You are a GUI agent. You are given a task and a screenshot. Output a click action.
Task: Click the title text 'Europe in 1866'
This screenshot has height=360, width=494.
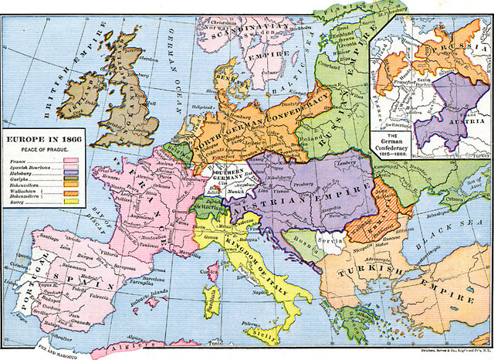click(44, 138)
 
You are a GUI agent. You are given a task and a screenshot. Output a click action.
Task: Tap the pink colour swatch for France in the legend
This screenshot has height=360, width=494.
click(69, 160)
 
